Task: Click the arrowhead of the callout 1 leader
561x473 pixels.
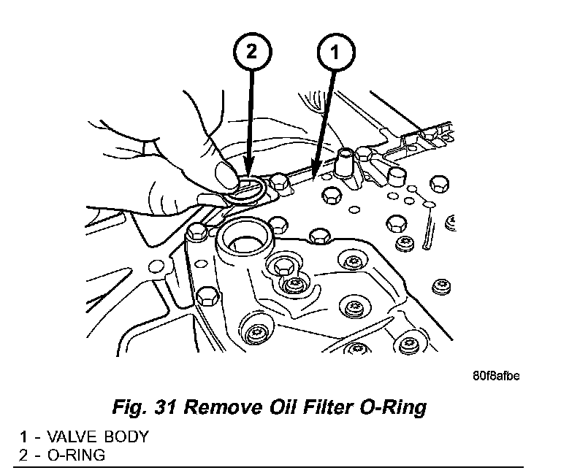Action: click(x=313, y=175)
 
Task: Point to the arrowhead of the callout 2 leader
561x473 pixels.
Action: click(x=248, y=174)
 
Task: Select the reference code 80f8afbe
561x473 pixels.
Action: click(x=497, y=377)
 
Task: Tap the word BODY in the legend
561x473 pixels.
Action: click(x=124, y=437)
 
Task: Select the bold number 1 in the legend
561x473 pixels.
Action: click(x=23, y=437)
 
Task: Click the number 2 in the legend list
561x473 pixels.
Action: click(x=23, y=455)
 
